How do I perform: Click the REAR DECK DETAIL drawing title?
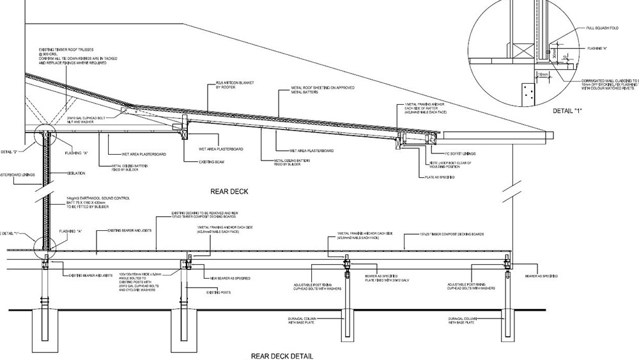[x=282, y=356]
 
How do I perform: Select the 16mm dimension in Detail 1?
[x=544, y=74]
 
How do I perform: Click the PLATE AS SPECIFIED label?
[x=440, y=176]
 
